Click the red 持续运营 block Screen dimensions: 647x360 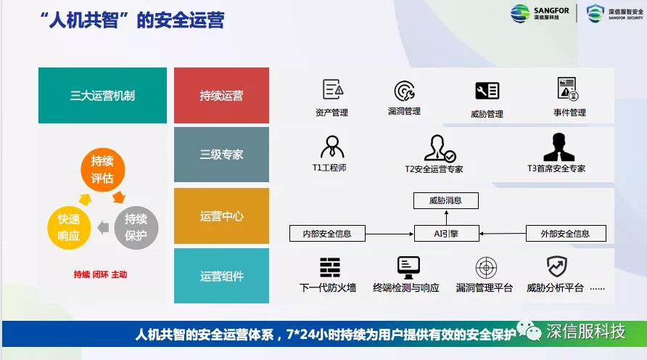[x=221, y=95]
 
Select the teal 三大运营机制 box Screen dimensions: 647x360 [x=102, y=95]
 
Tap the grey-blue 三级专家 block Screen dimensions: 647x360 [x=221, y=155]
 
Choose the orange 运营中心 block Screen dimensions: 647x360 [x=221, y=216]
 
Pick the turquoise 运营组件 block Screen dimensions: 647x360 [x=221, y=276]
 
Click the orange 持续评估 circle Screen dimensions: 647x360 [x=102, y=169]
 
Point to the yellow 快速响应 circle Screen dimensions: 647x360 [x=69, y=227]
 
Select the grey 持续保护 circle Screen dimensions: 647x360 [x=136, y=227]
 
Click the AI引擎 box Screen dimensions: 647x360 [x=447, y=233]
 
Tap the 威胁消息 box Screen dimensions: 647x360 [x=445, y=200]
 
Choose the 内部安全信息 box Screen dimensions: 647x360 [x=327, y=233]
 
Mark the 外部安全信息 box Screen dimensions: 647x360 [x=566, y=233]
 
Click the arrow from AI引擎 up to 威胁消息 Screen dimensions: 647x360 [x=447, y=217]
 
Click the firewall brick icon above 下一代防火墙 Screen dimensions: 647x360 [x=330, y=268]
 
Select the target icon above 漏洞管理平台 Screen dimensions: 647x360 [x=486, y=268]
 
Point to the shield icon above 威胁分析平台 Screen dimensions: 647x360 [x=557, y=266]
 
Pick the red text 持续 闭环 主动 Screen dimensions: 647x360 [x=100, y=274]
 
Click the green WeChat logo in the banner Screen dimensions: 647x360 [x=529, y=331]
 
